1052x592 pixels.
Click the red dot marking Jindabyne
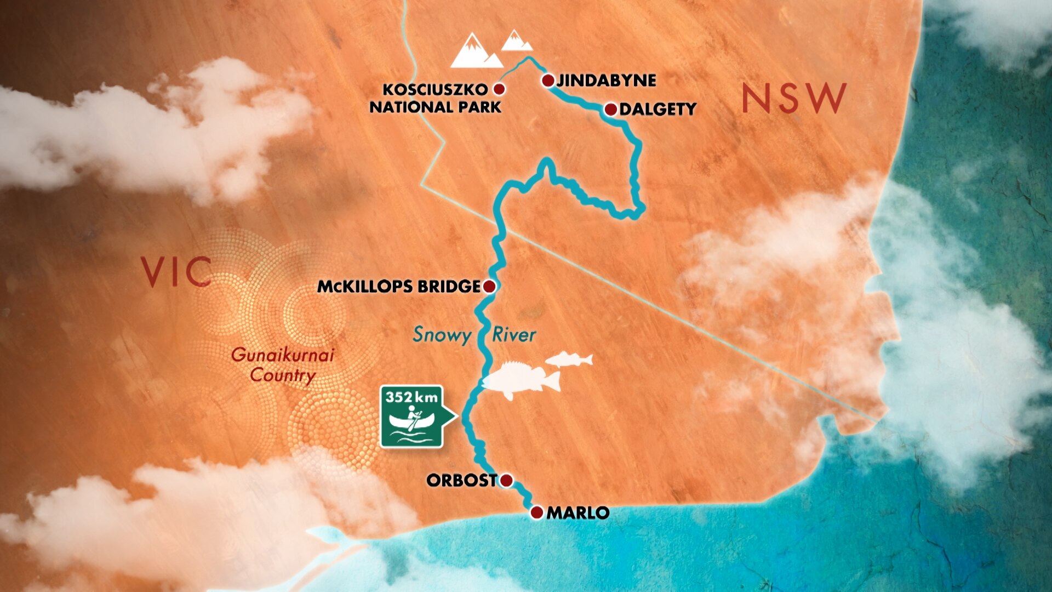tap(548, 81)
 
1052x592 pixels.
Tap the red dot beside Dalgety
tap(610, 110)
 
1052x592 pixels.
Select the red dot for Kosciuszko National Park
tap(499, 89)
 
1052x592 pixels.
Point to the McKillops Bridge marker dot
tap(489, 286)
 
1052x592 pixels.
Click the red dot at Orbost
tap(506, 481)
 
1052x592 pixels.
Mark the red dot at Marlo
tap(537, 513)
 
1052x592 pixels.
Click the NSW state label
tap(794, 99)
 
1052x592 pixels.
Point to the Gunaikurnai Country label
tap(283, 365)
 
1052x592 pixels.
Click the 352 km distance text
tap(411, 397)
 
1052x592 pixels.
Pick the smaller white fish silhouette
tap(570, 360)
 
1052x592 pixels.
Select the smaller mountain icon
tap(516, 41)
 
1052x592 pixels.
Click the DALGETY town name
tap(658, 110)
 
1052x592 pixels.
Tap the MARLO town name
tap(578, 513)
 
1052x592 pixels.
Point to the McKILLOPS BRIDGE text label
tap(399, 286)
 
